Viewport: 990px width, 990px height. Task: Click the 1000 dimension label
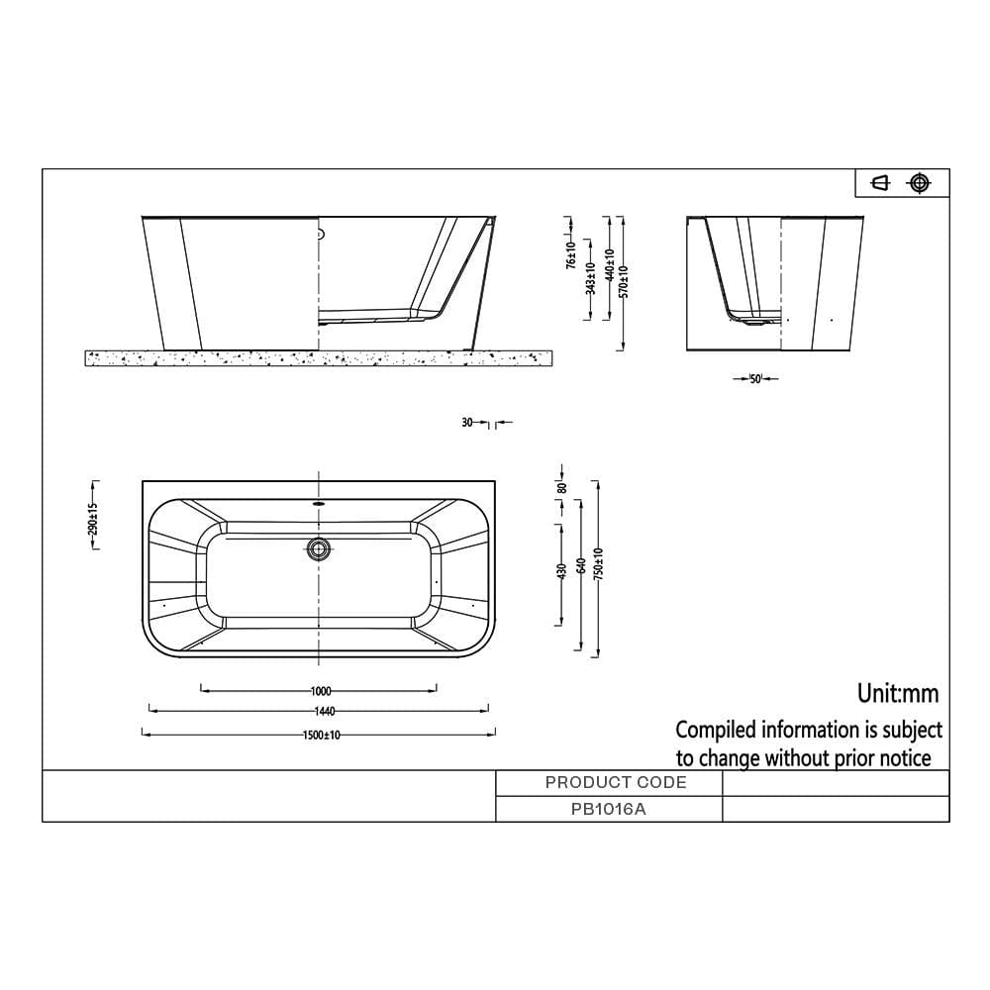320,691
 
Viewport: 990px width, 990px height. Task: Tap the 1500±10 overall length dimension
320,736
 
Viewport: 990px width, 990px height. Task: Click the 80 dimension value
561,487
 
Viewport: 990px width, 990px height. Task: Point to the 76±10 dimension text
571,254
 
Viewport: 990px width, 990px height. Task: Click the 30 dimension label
467,423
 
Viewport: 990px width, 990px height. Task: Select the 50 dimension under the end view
756,379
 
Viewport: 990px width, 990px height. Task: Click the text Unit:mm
898,693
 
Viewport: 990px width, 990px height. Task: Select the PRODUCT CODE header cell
616,782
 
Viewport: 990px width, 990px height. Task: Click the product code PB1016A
610,808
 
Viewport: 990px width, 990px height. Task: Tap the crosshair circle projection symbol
921,182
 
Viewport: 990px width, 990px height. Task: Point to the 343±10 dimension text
589,278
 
